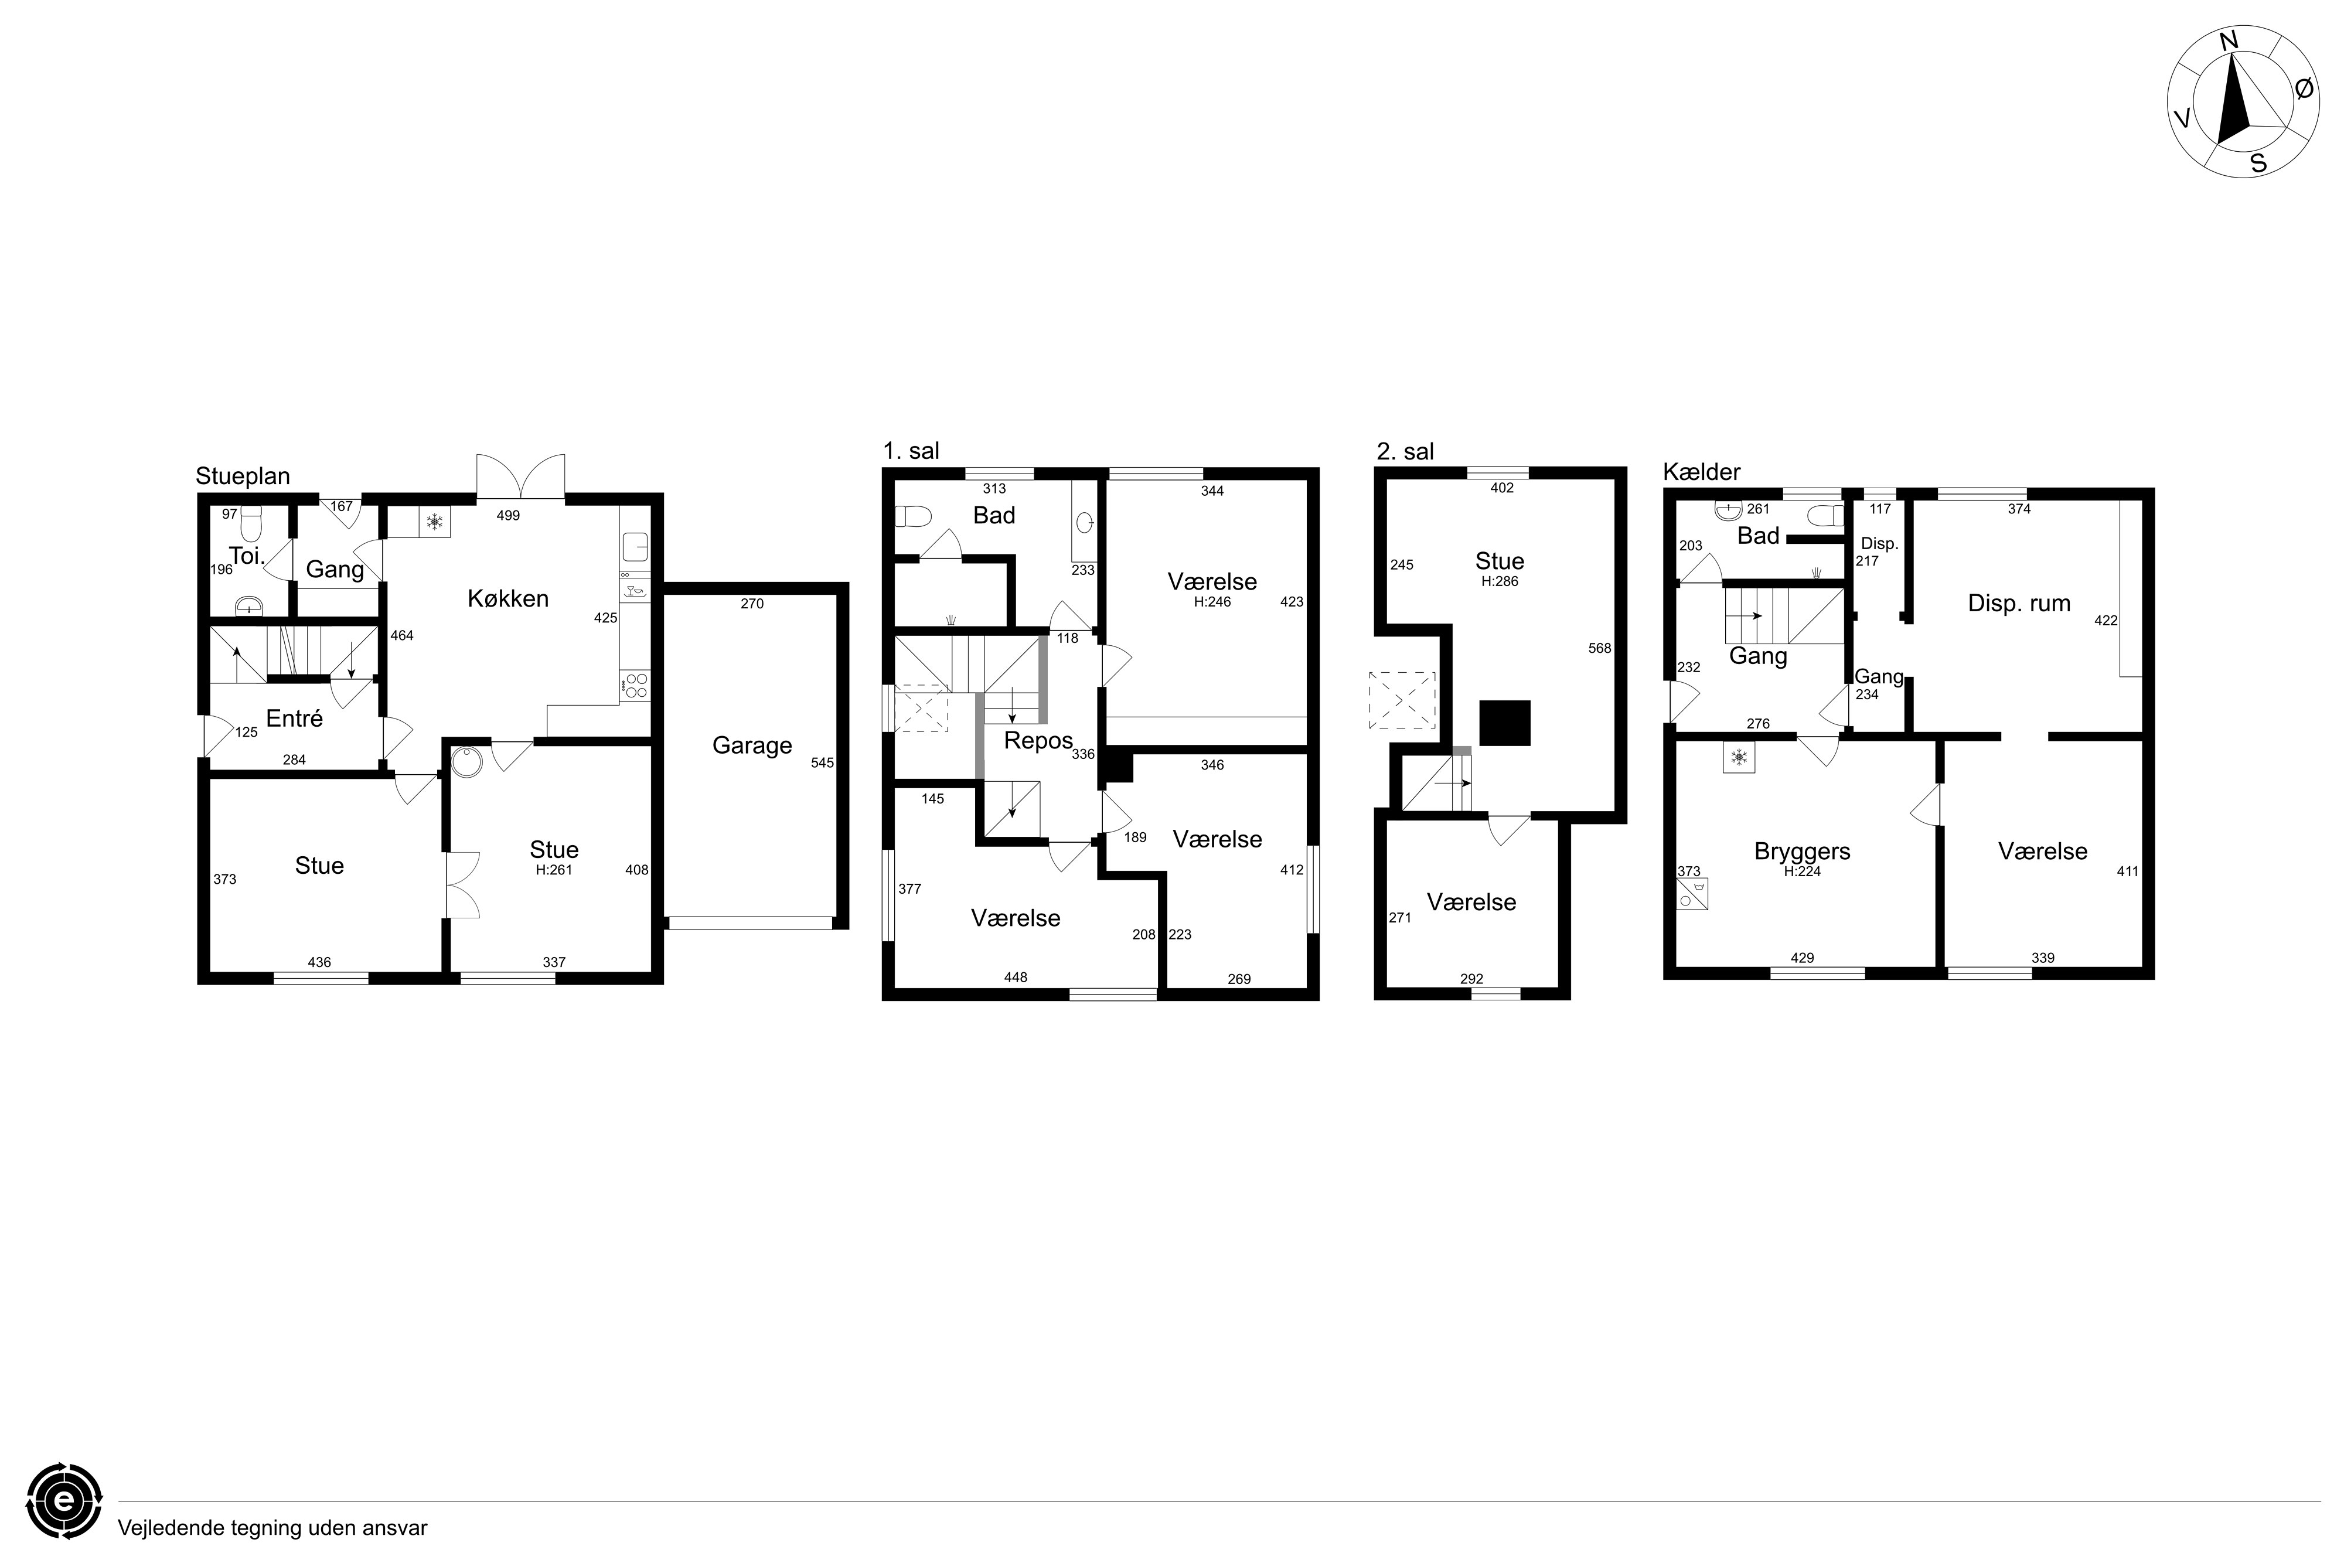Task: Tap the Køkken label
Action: tap(508, 598)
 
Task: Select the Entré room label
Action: tap(294, 718)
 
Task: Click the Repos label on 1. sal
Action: tap(1038, 741)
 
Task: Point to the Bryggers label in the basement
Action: tap(1802, 852)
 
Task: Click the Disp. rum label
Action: tap(2019, 603)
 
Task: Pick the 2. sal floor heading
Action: tap(1405, 452)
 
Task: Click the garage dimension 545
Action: tap(822, 762)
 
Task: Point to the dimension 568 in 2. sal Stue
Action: tap(1600, 648)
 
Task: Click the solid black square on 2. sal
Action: tap(1504, 723)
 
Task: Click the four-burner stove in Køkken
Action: tap(635, 686)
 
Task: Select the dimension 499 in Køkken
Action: tap(508, 515)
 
